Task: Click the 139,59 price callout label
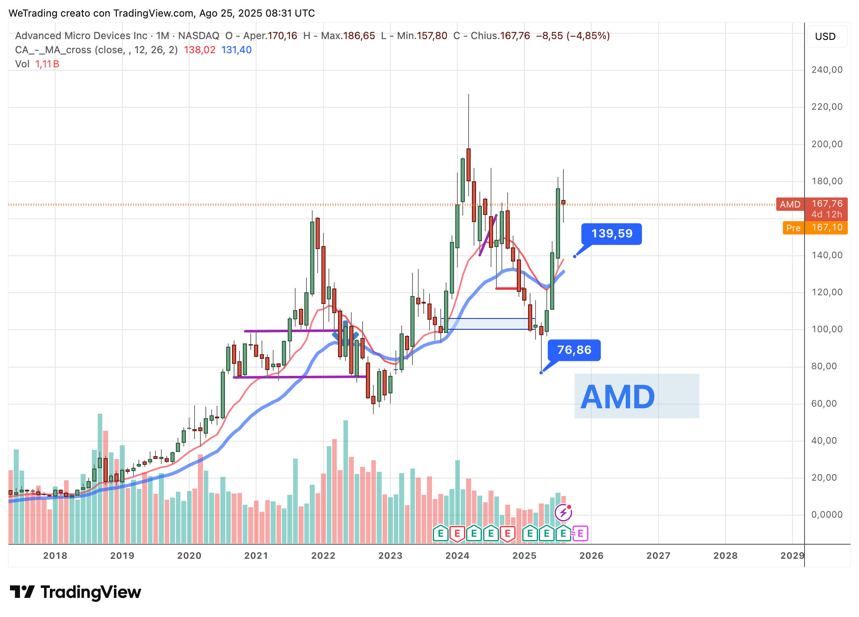coord(612,234)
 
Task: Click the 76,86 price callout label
coord(574,350)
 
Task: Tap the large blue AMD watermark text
coord(618,397)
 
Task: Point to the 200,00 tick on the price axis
coord(827,144)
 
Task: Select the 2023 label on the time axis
coord(390,555)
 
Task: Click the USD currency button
coord(825,37)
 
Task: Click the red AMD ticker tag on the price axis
coord(790,204)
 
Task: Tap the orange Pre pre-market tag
coord(793,228)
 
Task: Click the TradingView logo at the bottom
coord(76,592)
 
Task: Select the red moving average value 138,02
coord(200,50)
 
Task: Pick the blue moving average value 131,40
coord(236,50)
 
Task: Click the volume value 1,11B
coord(47,64)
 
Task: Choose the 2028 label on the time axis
coord(725,555)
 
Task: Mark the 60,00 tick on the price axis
coord(827,404)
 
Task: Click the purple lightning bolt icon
coord(563,513)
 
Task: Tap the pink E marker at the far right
coord(580,533)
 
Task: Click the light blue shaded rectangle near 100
coord(486,324)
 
